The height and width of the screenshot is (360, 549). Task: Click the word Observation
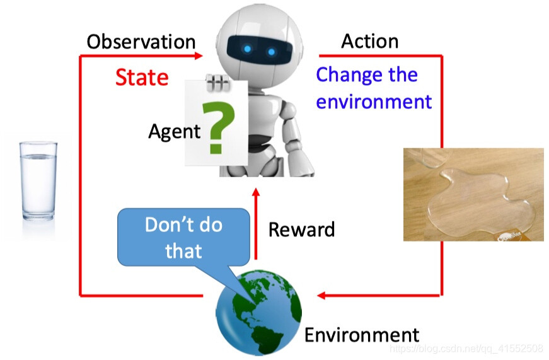coord(141,42)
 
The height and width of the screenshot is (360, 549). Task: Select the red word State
coord(142,78)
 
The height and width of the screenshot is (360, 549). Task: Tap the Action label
coord(370,42)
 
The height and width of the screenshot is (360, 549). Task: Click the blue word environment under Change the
coord(374,102)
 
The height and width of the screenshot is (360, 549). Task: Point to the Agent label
coord(175,132)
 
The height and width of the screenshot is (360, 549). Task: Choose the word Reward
coord(301,229)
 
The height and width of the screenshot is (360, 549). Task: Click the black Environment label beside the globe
coord(362,335)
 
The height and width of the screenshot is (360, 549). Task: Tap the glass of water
coord(38,181)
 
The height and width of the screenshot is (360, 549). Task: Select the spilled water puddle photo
coord(473,194)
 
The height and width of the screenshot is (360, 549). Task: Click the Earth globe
coord(258,312)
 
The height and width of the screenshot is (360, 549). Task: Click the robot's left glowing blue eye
coord(247,49)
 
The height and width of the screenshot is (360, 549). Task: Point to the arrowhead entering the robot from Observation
coord(199,55)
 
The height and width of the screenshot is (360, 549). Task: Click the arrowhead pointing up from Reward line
coord(256,192)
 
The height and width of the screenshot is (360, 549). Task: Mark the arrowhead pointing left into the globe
coord(321,296)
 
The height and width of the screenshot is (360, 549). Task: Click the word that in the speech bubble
coord(183,251)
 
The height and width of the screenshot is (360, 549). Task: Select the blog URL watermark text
coord(466,349)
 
